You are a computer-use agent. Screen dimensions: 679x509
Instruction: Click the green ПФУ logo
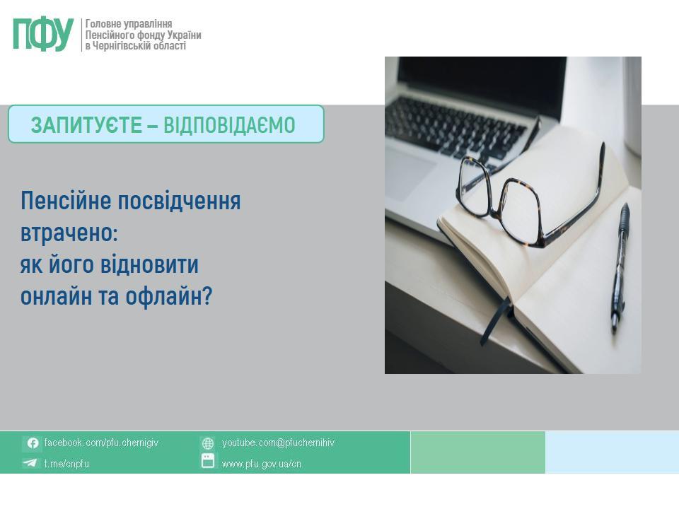(43, 34)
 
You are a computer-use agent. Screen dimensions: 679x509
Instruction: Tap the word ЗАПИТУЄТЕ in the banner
(86, 125)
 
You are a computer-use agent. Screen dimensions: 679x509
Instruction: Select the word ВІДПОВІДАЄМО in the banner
(229, 125)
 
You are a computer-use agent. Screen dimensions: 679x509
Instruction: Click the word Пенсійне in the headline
(66, 201)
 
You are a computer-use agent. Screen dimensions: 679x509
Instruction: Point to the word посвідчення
(179, 201)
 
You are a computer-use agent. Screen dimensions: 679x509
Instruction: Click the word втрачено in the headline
(69, 233)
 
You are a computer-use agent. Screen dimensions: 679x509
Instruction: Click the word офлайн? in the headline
(169, 296)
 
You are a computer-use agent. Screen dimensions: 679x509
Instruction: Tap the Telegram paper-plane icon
(30, 463)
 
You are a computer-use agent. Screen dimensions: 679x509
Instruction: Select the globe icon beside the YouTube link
(208, 443)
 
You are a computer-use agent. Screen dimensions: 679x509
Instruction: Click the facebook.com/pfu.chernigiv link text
(101, 443)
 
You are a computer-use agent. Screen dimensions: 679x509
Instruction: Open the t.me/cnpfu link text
(66, 464)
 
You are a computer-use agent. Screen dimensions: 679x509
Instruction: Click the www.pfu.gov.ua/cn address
(262, 464)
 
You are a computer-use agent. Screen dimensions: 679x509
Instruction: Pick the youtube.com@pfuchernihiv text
(279, 443)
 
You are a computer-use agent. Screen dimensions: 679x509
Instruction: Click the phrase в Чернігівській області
(136, 46)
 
